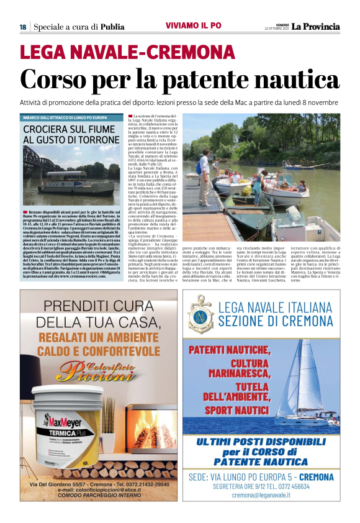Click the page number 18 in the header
pyautogui.click(x=22, y=27)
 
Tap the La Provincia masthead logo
pyautogui.click(x=316, y=26)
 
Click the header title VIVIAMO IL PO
pyautogui.click(x=193, y=25)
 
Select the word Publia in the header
pyautogui.click(x=112, y=27)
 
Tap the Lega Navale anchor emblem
pyautogui.click(x=202, y=315)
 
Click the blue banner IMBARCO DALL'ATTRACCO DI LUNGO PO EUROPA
pyautogui.click(x=65, y=117)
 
